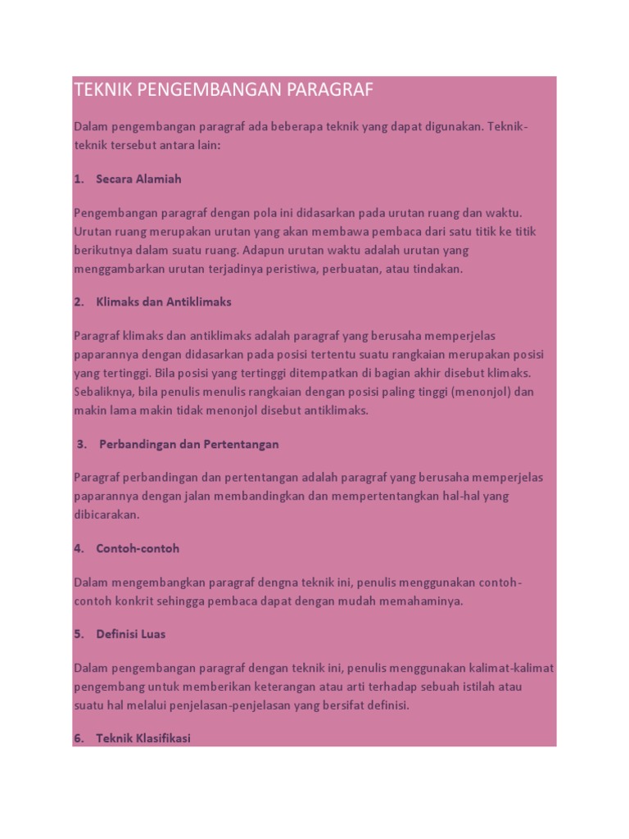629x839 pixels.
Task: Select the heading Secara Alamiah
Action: (138, 179)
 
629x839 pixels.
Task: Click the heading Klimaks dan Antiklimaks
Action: (164, 302)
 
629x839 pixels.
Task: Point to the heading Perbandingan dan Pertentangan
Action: (189, 444)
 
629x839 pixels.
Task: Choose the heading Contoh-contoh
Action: (138, 548)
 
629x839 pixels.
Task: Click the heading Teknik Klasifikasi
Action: (143, 738)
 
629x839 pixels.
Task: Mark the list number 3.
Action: (81, 444)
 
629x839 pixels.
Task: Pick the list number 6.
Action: (79, 738)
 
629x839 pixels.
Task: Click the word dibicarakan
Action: (108, 515)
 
